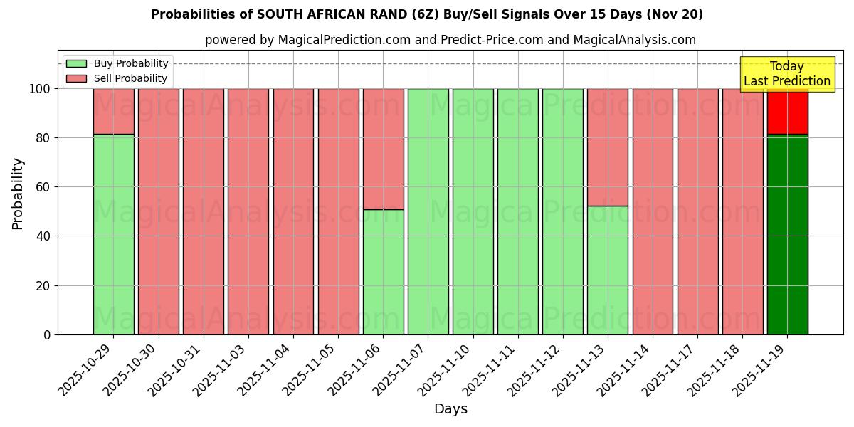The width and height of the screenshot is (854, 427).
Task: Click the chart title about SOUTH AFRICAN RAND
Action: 426,14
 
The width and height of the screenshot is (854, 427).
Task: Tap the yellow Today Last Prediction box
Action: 786,74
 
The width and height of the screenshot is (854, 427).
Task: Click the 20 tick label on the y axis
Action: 44,285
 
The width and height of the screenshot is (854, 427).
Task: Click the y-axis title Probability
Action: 18,193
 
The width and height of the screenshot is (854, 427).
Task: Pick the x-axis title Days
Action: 450,409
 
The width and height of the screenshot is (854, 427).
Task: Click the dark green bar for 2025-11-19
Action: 787,235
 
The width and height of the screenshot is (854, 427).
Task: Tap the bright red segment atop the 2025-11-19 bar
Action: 787,111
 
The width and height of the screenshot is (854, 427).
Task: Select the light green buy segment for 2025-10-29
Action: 113,235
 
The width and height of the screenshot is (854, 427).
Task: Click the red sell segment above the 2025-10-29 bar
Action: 113,111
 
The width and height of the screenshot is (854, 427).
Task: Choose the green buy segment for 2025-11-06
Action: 383,272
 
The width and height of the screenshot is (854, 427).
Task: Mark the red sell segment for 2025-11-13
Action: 608,147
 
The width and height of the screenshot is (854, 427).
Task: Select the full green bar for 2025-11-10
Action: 473,211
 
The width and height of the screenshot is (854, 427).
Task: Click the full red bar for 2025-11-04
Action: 293,211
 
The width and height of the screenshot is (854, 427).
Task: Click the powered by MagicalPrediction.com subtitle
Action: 450,40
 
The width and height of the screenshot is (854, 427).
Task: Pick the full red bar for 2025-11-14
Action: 653,211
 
